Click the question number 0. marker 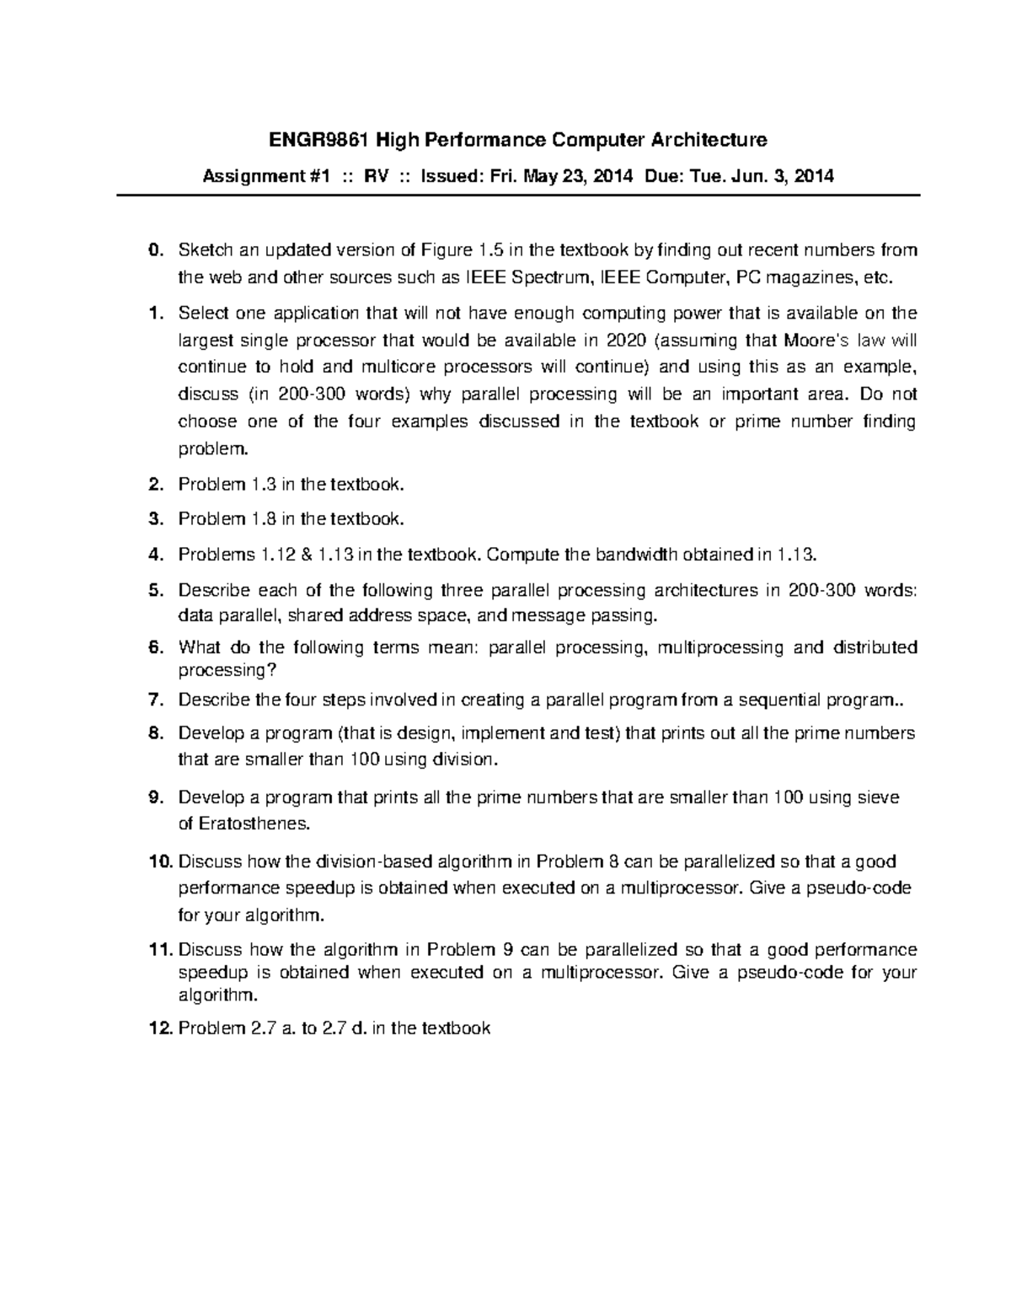[153, 249]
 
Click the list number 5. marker [153, 590]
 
